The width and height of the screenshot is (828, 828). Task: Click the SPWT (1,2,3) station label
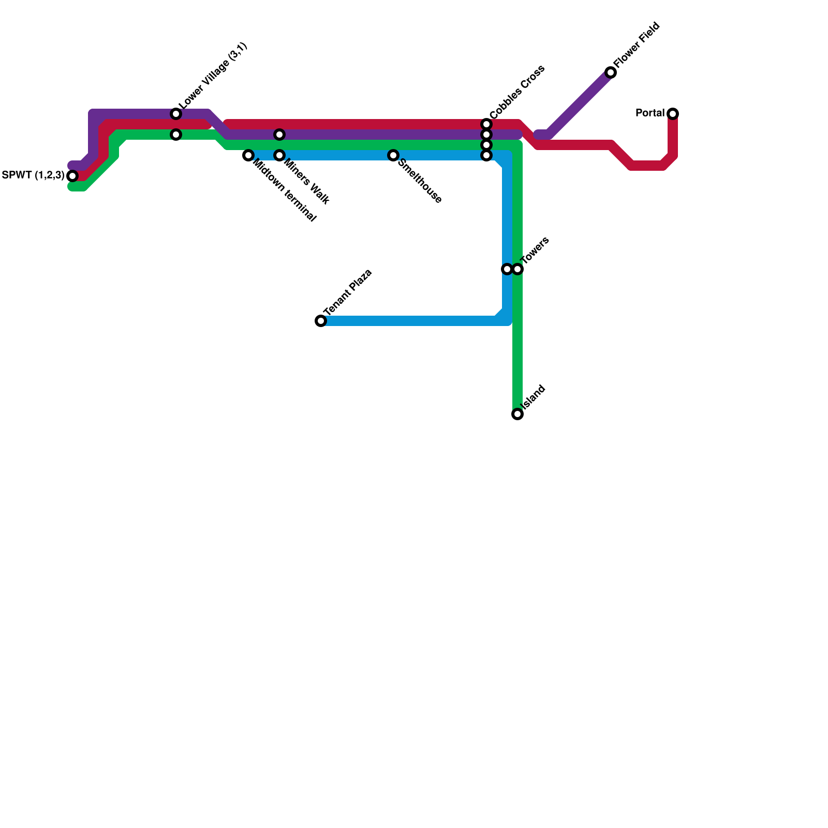click(x=33, y=175)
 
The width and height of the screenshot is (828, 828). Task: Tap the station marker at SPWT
click(x=72, y=176)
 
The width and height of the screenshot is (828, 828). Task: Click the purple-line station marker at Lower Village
click(x=176, y=114)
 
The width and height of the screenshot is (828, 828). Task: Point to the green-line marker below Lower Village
click(x=176, y=135)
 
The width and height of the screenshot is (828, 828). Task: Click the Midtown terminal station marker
click(x=248, y=155)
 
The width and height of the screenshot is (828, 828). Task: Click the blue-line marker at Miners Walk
click(x=279, y=155)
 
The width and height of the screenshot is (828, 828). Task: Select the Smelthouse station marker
click(x=393, y=155)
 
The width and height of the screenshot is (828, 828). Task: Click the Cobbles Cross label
click(x=516, y=92)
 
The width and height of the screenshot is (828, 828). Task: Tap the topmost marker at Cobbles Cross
click(x=486, y=124)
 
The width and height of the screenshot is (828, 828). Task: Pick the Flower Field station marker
click(x=611, y=72)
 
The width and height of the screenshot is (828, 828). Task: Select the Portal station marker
click(x=673, y=114)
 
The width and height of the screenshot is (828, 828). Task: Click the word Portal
click(x=650, y=113)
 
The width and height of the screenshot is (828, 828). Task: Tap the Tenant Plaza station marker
click(x=321, y=321)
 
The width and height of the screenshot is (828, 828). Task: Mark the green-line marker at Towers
click(x=517, y=269)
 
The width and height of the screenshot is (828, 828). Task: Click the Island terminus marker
click(x=517, y=414)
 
